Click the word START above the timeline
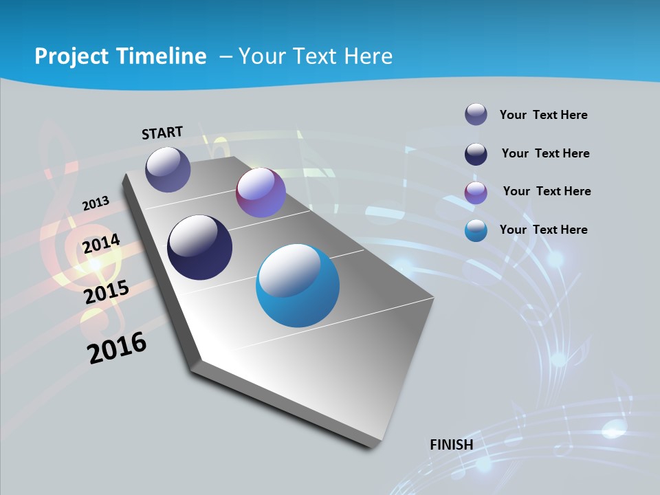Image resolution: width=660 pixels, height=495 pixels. click(x=162, y=133)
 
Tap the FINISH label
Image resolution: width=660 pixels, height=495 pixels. click(x=452, y=444)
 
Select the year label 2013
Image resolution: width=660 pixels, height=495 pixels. click(x=96, y=203)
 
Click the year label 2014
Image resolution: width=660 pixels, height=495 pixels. click(x=102, y=244)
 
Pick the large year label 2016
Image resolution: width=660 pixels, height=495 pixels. click(x=117, y=348)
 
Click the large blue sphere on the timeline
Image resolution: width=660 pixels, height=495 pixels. click(x=298, y=285)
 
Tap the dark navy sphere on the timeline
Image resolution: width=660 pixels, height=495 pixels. click(x=200, y=247)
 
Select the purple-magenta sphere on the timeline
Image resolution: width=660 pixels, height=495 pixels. click(x=261, y=192)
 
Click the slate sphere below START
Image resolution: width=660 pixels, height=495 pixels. click(x=168, y=169)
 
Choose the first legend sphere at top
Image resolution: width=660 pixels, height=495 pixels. click(x=476, y=115)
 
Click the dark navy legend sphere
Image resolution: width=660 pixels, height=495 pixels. click(x=476, y=154)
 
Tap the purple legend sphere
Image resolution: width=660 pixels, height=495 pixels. click(x=476, y=192)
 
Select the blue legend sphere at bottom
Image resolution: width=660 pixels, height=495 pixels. click(x=476, y=230)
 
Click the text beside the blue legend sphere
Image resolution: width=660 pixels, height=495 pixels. click(x=543, y=230)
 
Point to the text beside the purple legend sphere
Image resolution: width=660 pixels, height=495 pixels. click(x=547, y=191)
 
